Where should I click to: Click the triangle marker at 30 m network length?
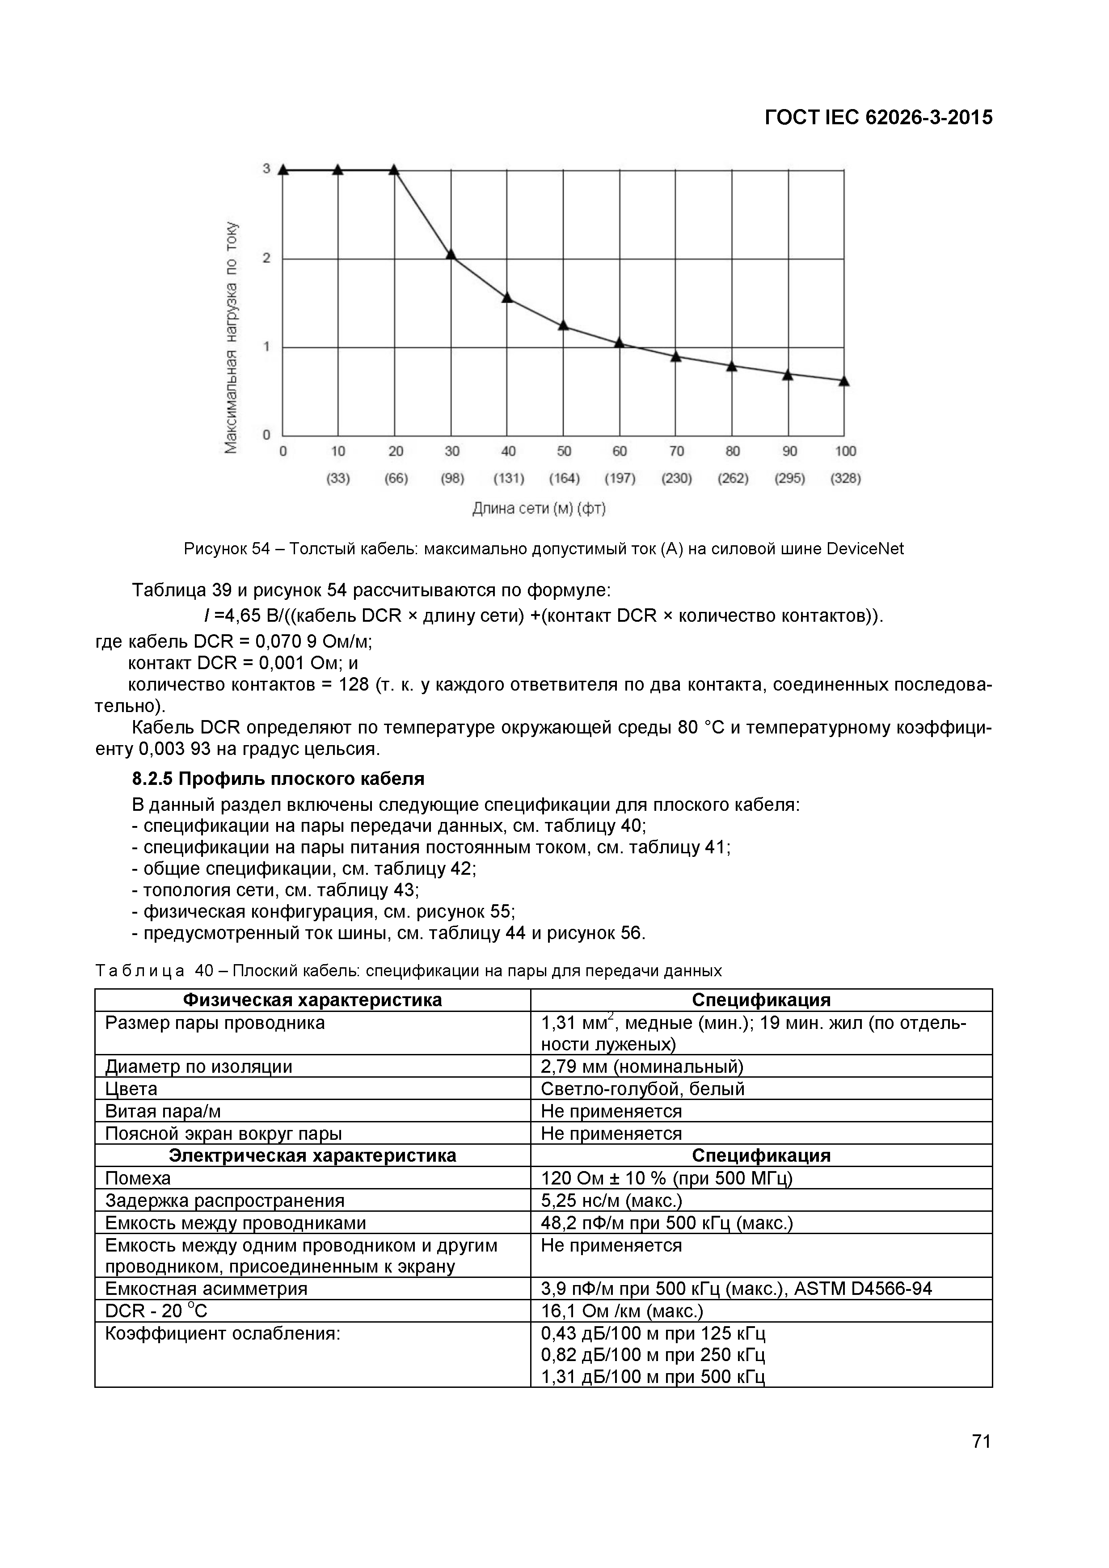tap(451, 254)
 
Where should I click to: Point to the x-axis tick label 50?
tap(564, 451)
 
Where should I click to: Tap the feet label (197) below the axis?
tap(620, 479)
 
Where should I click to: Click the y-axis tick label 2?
tap(267, 258)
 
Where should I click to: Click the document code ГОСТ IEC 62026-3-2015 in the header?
tap(878, 118)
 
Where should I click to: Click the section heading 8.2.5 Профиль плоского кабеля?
tap(278, 779)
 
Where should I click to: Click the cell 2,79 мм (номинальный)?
tap(642, 1067)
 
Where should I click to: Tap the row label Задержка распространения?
tap(225, 1201)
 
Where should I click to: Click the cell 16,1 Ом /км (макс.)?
tap(621, 1311)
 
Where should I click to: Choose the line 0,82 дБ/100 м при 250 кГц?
tap(653, 1355)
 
